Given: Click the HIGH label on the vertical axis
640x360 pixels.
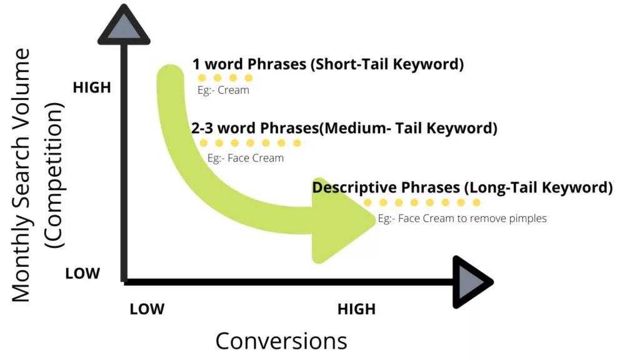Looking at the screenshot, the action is pos(92,87).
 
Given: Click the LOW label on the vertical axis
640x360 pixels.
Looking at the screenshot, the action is pos(82,274).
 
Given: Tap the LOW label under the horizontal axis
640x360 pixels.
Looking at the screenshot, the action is pos(147,309).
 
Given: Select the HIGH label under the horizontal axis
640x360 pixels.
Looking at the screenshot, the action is pos(356,309).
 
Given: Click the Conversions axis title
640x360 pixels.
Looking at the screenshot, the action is pos(281,341).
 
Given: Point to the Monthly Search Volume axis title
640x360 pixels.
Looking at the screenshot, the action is pos(21,176).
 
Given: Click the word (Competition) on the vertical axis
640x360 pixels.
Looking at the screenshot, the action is pos(54,176).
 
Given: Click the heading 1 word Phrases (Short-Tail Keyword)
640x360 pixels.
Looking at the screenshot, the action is pos(328,64).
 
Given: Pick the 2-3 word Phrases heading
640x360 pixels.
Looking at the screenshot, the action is pos(344,128).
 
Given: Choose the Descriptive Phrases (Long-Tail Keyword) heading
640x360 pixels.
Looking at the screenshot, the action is pos(462,187).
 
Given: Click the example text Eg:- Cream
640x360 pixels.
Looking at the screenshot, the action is pos(223,90).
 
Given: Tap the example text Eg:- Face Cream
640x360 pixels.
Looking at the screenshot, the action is pos(245,158).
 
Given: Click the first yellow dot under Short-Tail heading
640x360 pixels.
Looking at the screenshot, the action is pos(202,77).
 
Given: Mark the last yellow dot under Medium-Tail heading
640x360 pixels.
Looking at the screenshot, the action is pos(297,143).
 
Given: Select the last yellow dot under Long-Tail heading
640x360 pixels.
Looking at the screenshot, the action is pos(476,202).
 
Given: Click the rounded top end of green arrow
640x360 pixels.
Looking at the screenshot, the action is pos(170,75).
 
